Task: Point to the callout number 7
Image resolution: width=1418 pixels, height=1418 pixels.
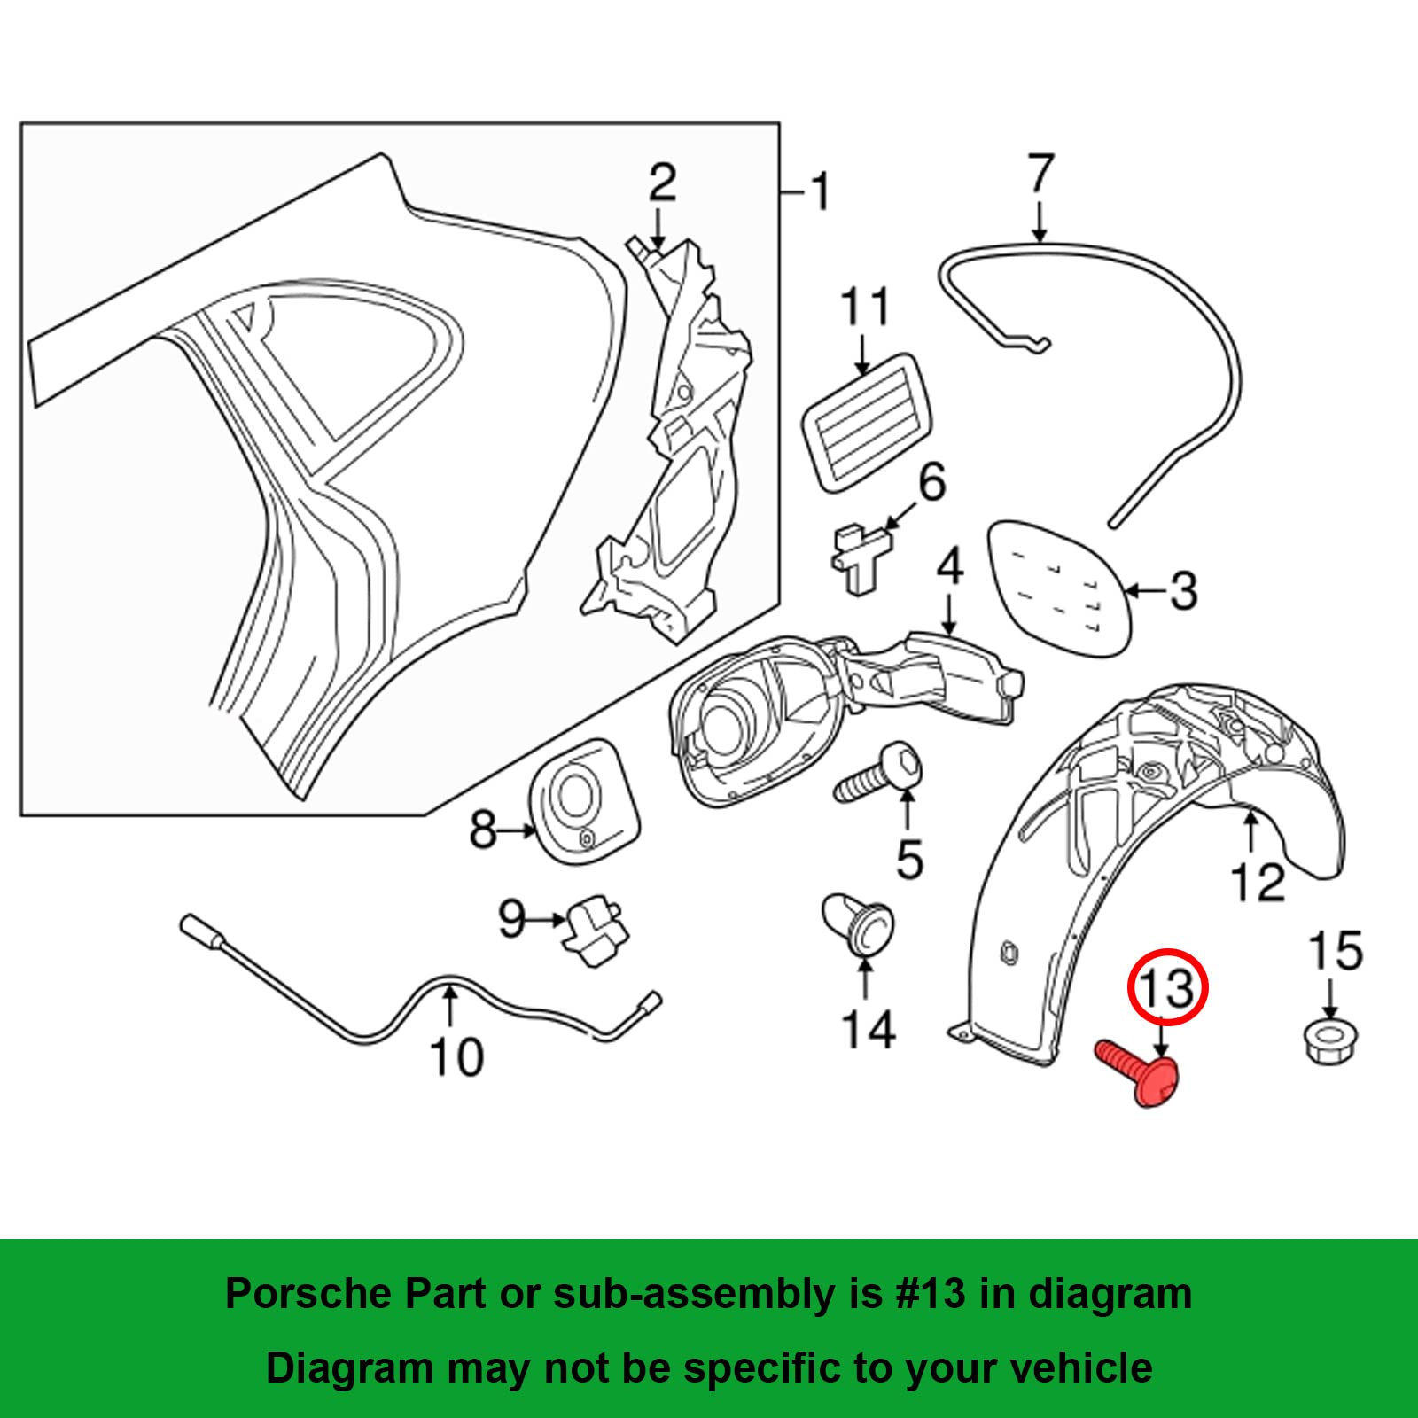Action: click(x=1040, y=175)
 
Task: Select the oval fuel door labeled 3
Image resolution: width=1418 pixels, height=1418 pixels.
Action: click(x=1060, y=586)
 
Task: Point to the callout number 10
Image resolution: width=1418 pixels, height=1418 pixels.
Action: click(x=456, y=1056)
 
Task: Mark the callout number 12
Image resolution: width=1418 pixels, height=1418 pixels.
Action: click(x=1258, y=883)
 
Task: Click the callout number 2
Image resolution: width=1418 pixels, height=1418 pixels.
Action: click(x=662, y=183)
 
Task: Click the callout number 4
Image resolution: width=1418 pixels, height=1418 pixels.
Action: click(x=949, y=566)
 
